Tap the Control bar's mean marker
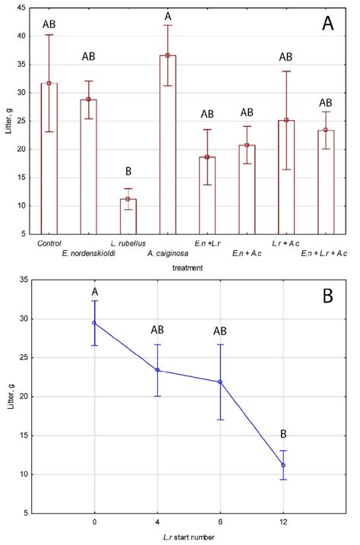pyautogui.click(x=49, y=84)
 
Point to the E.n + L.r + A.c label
pyautogui.click(x=325, y=252)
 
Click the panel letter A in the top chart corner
pyautogui.click(x=327, y=24)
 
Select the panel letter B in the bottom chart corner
pyautogui.click(x=327, y=296)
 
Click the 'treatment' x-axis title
pyautogui.click(x=187, y=267)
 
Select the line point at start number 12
pyautogui.click(x=283, y=465)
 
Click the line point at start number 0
pyautogui.click(x=94, y=322)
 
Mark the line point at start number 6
pyautogui.click(x=220, y=382)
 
